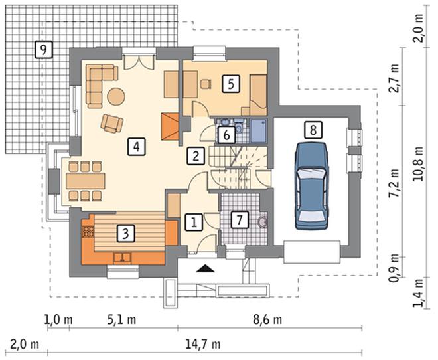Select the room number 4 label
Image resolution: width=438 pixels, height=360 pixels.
click(x=136, y=147)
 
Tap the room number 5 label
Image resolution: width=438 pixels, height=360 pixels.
click(x=231, y=84)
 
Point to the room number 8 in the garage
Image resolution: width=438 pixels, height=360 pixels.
click(x=313, y=130)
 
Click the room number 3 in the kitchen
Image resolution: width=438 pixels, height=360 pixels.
click(x=125, y=233)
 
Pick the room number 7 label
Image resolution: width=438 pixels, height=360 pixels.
click(x=240, y=220)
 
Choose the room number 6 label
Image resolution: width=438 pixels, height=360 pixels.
click(x=226, y=135)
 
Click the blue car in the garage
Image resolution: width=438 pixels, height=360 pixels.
click(x=311, y=186)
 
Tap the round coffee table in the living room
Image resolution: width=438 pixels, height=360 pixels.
click(x=116, y=96)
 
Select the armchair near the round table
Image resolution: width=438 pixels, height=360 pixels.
click(x=112, y=123)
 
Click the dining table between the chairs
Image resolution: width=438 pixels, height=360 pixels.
click(x=86, y=181)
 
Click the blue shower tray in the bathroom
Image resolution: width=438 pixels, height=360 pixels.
click(x=258, y=131)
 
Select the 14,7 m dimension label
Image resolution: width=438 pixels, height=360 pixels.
click(x=203, y=344)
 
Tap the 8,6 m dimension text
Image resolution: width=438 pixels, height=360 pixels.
click(x=267, y=319)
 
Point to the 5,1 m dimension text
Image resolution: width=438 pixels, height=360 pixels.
click(x=122, y=319)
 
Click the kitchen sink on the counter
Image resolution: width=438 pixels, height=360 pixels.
click(x=122, y=258)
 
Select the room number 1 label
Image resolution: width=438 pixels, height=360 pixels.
click(x=194, y=223)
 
